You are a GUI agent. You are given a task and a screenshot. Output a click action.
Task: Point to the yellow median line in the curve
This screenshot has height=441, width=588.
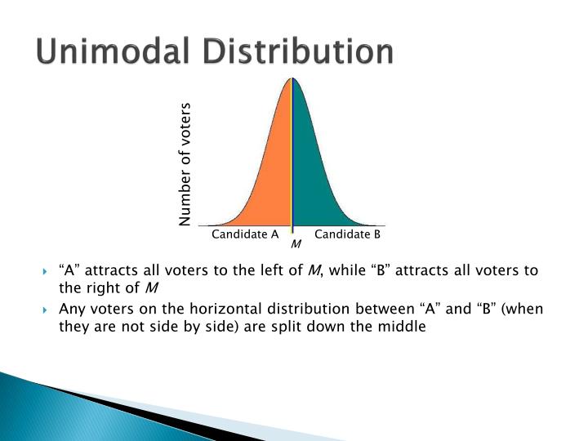(292, 163)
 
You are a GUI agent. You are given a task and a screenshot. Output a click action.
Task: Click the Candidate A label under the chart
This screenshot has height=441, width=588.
(245, 234)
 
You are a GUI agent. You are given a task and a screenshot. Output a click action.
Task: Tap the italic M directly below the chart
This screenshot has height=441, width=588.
(296, 244)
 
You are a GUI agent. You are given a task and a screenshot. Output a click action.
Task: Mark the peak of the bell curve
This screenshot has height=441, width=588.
(292, 78)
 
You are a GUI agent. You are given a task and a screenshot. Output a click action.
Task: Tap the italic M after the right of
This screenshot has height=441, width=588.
(151, 287)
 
